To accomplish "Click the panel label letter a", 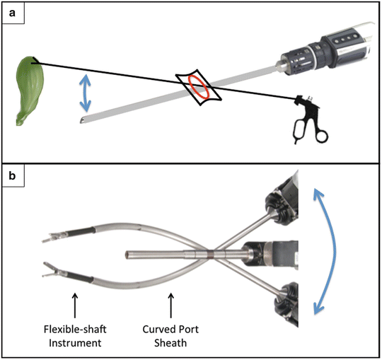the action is point(12,13).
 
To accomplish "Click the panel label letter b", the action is point(12,175).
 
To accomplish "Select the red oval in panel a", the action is point(199,88).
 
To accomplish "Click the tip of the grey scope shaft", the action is point(81,120).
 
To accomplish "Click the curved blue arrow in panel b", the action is point(335,251).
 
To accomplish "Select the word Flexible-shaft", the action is point(75,330).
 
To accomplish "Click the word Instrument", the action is point(75,343).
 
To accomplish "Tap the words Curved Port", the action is point(170,330).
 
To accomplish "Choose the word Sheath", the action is point(170,343).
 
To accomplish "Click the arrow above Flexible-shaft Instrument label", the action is point(75,306).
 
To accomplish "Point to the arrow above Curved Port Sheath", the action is point(170,306).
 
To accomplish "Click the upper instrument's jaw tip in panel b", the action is point(43,241).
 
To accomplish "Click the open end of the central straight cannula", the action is point(127,255).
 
